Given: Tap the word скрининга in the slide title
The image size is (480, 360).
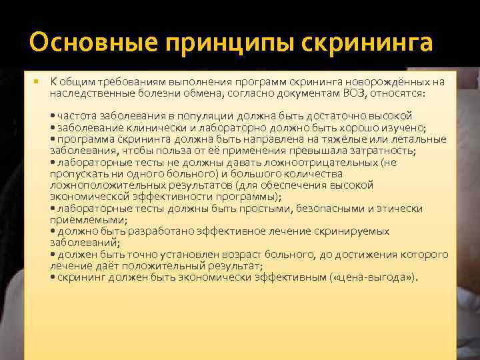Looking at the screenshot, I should tap(367, 42).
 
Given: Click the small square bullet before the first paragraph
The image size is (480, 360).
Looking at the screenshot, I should tap(35, 81).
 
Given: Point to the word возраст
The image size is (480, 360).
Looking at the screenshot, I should tap(239, 255).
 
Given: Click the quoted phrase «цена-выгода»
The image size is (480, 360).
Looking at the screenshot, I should tap(374, 277).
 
